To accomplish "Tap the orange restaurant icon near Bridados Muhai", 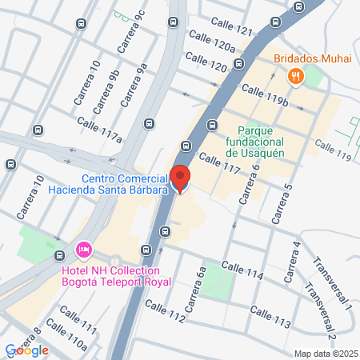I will click(295, 76).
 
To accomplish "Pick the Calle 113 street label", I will click(270, 316).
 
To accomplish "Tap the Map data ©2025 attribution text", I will click(326, 354).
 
